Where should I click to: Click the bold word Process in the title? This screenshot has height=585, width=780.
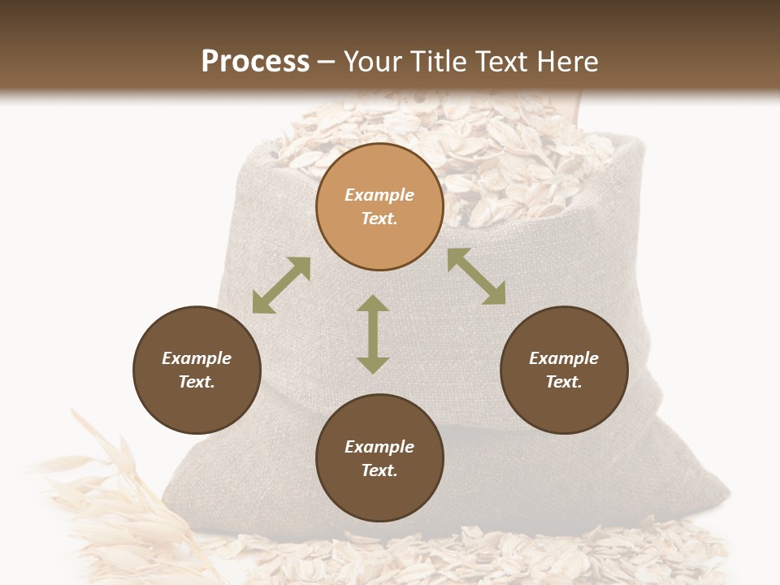coord(255,61)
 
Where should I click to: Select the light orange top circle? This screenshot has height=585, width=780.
coord(379,206)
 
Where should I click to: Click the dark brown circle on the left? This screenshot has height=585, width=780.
coord(197,370)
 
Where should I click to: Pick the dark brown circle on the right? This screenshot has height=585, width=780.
coord(563,370)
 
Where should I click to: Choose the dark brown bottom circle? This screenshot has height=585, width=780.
coord(379,458)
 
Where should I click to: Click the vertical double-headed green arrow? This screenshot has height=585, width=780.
coord(373,334)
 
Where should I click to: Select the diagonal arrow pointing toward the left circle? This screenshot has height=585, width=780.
coord(281,285)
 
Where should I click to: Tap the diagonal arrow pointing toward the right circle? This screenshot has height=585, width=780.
coord(476,276)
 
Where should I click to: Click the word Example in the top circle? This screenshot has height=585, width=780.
coord(379,195)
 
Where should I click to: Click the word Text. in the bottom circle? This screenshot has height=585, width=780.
coord(379,470)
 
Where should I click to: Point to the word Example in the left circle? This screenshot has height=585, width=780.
coord(197,358)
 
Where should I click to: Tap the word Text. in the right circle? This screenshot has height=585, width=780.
coord(563,382)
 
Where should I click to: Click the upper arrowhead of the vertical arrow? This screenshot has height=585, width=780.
coord(373,304)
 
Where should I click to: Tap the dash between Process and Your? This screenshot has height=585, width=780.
coord(327,62)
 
